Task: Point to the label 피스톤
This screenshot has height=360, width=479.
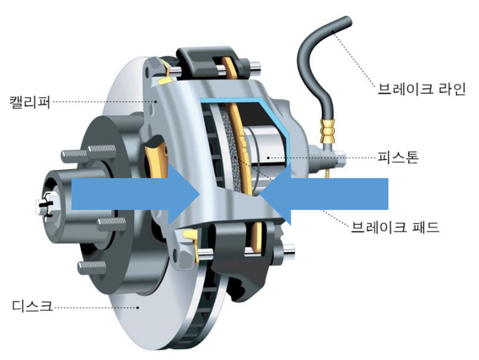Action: click(399, 158)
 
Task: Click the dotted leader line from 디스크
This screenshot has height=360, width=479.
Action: click(95, 308)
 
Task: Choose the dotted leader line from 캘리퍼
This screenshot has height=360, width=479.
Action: click(101, 101)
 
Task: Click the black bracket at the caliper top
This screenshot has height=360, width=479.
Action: click(206, 57)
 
